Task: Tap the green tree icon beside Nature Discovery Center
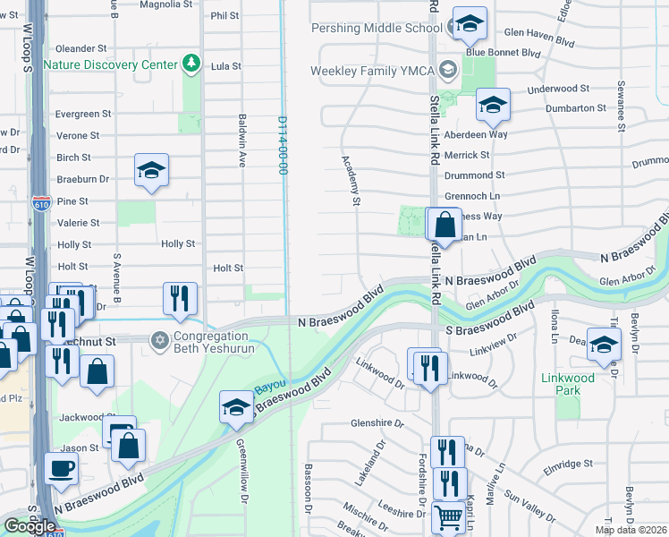coord(190,64)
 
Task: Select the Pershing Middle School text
coord(370,29)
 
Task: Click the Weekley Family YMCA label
coord(371,71)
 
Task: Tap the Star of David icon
coord(160,340)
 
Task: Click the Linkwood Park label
coord(568,379)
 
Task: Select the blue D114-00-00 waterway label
coord(283,143)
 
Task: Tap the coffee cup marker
coord(61,468)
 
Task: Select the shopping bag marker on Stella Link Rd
coord(445,223)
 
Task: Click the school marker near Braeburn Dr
coord(152,170)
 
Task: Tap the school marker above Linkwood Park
coord(605,344)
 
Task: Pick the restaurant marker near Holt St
coord(180,299)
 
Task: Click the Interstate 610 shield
coord(40,200)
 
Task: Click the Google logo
coord(30,526)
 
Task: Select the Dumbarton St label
coord(579,108)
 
